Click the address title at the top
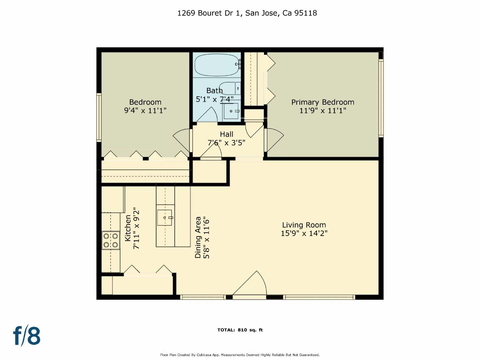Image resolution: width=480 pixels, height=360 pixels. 247,13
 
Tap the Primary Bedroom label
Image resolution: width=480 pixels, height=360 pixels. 323,102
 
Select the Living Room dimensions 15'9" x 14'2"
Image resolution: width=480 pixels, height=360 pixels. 304,233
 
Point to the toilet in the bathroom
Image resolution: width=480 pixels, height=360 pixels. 230,88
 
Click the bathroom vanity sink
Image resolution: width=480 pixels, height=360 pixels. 231,111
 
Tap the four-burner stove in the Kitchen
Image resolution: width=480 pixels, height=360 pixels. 111,240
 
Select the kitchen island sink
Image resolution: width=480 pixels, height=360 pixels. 165,217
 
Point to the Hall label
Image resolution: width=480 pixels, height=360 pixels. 226,134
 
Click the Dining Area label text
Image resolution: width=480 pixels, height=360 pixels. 198,237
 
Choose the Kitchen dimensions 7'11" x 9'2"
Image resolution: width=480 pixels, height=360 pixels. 136,228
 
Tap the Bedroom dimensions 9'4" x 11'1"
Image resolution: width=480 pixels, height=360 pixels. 145,110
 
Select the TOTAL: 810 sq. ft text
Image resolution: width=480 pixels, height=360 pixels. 240,330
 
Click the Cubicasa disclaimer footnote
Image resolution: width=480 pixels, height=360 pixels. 240,355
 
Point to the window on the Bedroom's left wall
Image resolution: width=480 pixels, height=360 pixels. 99,117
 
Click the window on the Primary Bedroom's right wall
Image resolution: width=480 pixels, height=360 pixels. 381,98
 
